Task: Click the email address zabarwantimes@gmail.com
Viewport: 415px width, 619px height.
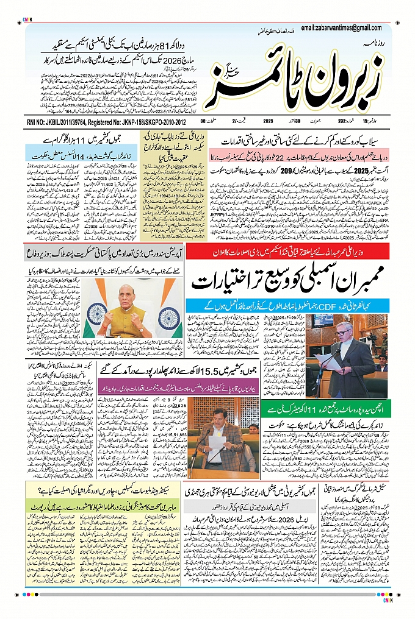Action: pyautogui.click(x=345, y=27)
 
